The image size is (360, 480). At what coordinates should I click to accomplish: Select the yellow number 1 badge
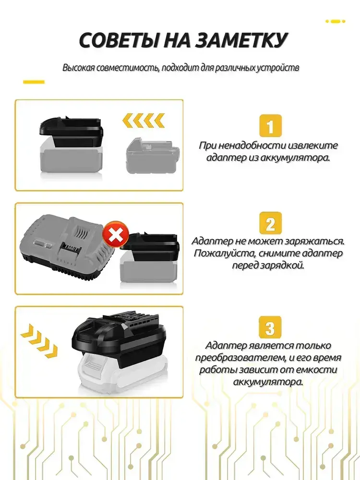coord(270,126)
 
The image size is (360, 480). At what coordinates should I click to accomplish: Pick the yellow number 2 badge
coord(270,224)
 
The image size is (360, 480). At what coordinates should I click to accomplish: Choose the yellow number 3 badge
coord(270,327)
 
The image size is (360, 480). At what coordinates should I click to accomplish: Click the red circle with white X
coord(115,234)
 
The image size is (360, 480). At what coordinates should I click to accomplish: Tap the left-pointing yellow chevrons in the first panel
coord(143,120)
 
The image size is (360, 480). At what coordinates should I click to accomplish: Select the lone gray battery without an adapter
coord(152,156)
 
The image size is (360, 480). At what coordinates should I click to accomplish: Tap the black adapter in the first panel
coord(71,132)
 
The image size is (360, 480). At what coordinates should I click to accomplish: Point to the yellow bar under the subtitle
coord(34,82)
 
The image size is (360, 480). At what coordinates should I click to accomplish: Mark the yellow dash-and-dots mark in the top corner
coord(335,22)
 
